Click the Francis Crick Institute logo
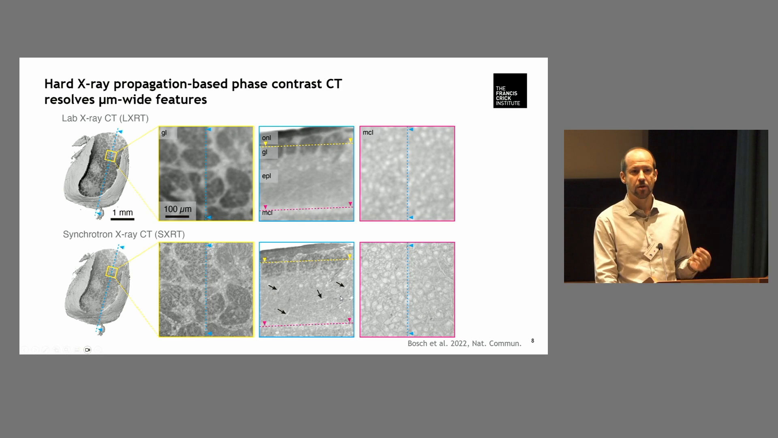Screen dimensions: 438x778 [510, 90]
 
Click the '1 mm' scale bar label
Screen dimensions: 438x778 [122, 213]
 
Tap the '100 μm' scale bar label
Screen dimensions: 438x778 [177, 209]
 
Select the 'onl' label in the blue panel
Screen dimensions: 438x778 [266, 138]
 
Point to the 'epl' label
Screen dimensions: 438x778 [266, 176]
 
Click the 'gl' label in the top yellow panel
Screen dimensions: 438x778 [164, 133]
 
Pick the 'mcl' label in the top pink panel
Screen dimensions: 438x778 [368, 133]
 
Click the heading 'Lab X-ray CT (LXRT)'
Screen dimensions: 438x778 [105, 118]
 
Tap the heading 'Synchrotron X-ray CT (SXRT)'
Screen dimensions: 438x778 [124, 234]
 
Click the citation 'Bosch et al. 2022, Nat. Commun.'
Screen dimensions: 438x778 [464, 344]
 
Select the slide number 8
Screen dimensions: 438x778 [532, 341]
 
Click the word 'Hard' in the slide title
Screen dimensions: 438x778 [59, 84]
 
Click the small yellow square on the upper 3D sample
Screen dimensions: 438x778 [111, 156]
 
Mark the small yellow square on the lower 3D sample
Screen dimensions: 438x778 [111, 272]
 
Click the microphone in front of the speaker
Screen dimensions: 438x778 [660, 247]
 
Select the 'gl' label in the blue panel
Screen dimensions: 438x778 [265, 152]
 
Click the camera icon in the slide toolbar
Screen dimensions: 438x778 [88, 350]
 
